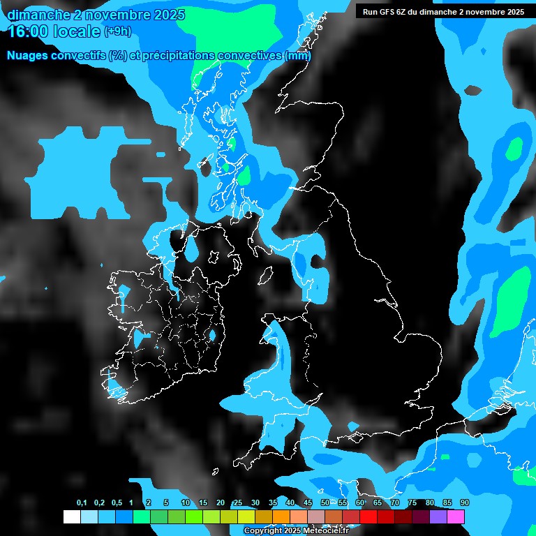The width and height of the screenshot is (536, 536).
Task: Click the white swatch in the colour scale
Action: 71,516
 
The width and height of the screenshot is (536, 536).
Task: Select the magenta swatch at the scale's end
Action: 456,516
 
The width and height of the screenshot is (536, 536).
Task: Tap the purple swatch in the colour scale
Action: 438,516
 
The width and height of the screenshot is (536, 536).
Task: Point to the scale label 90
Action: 465,502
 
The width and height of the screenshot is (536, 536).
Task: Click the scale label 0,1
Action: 82,502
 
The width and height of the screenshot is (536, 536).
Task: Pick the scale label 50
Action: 325,502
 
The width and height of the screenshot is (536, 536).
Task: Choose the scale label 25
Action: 238,502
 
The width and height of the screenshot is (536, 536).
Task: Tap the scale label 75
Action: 412,502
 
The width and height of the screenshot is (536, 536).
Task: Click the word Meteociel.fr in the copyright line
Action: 326,531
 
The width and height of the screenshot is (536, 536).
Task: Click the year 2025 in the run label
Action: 515,12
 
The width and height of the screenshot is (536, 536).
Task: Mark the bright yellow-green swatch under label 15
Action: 202,516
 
